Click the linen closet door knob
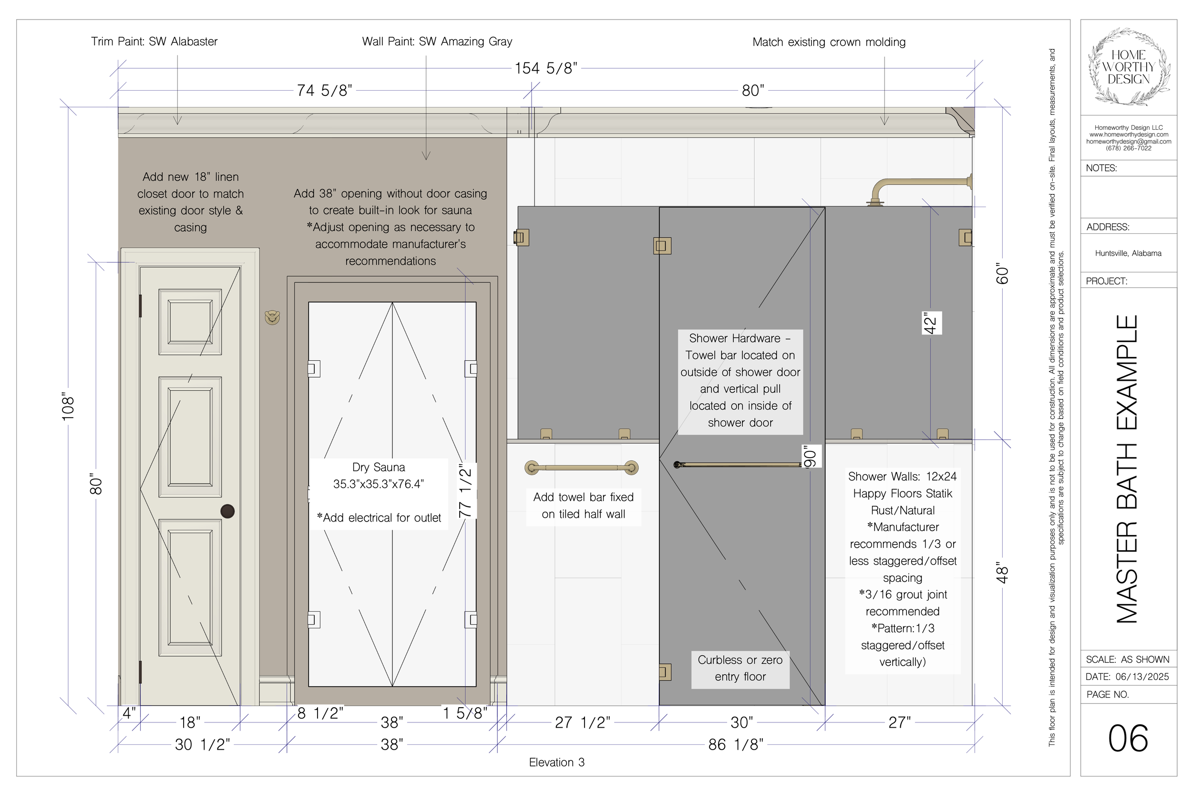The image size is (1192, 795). pos(227,511)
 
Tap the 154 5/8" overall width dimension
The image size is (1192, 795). pos(545,68)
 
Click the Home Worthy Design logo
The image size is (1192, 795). pos(1129,67)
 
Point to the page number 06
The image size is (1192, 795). pos(1128,738)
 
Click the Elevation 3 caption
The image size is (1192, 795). pos(556,762)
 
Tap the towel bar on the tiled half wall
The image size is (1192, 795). pos(582,468)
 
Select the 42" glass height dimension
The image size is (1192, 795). pos(931,323)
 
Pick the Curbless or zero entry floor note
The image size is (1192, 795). pos(740,668)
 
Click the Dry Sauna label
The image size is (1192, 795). pos(379,476)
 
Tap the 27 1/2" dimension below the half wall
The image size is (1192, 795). pos(583,722)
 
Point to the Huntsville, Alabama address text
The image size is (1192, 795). pos(1128,253)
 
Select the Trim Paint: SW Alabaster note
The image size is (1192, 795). pos(154,42)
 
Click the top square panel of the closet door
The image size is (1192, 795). pos(190,322)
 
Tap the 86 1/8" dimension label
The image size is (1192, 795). pos(736,744)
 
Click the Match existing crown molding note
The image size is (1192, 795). pos(829,42)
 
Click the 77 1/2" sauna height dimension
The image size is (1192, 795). pos(465,490)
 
